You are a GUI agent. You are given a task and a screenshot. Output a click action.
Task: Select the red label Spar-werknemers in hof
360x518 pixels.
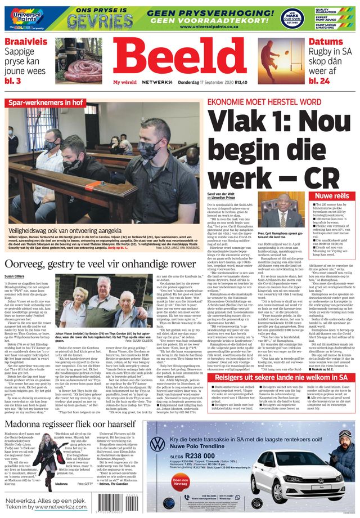click(x=45, y=103)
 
